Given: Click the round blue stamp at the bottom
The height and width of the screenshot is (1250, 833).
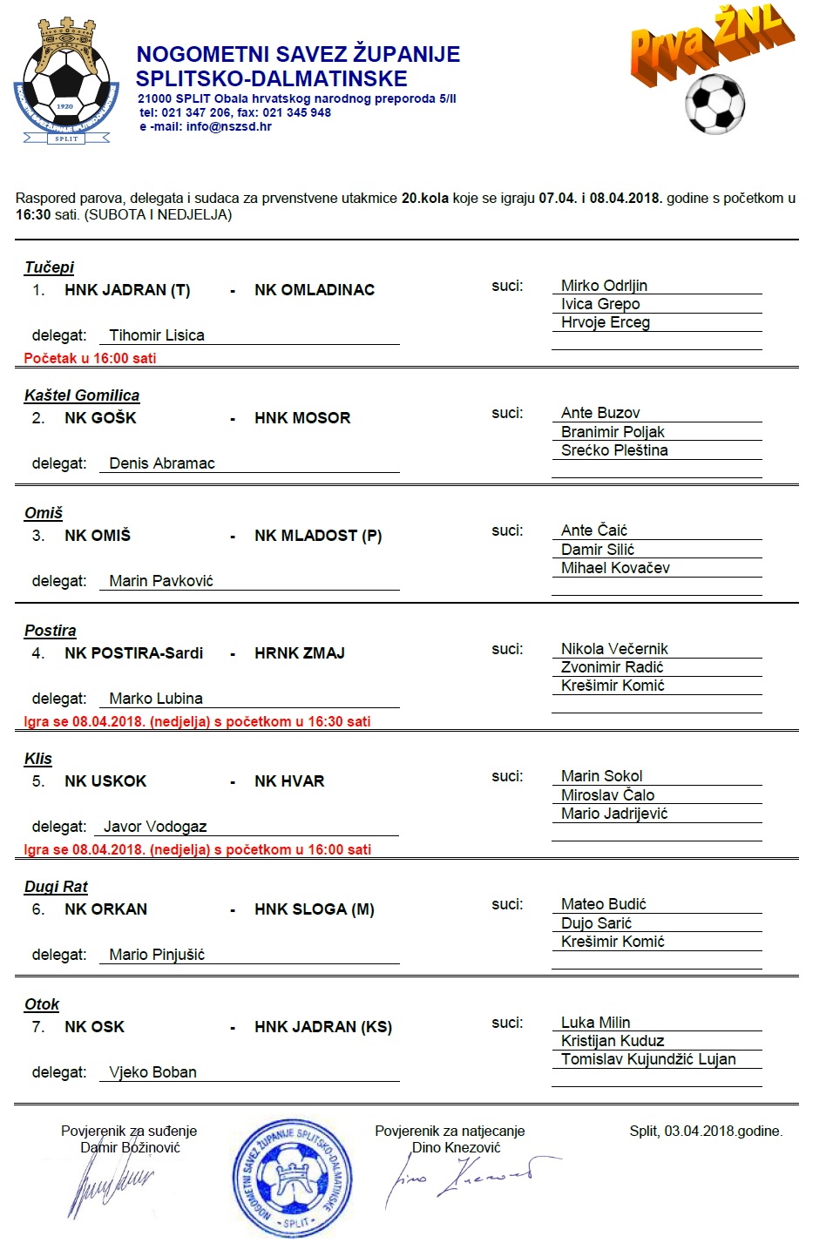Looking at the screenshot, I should pyautogui.click(x=293, y=1178).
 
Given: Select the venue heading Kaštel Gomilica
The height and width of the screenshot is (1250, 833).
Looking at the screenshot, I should pyautogui.click(x=82, y=395).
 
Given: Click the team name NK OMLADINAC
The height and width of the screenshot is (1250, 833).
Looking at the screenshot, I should pyautogui.click(x=315, y=290).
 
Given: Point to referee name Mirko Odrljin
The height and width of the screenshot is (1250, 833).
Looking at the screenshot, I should pyautogui.click(x=604, y=286).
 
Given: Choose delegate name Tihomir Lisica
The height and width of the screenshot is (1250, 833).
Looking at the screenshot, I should pyautogui.click(x=157, y=335).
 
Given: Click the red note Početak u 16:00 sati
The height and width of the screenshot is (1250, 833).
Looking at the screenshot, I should pyautogui.click(x=90, y=358).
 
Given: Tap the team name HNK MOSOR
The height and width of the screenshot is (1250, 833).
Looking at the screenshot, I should pyautogui.click(x=302, y=418).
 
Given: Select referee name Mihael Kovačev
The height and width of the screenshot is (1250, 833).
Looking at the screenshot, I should pyautogui.click(x=615, y=568).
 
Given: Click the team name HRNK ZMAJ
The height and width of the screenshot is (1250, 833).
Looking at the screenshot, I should pyautogui.click(x=300, y=653).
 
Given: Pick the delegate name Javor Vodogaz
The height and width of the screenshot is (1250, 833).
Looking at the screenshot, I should pyautogui.click(x=155, y=827).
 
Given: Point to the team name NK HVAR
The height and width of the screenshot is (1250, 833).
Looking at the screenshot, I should pyautogui.click(x=289, y=781).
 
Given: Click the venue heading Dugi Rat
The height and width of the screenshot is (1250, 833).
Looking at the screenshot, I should pyautogui.click(x=56, y=887).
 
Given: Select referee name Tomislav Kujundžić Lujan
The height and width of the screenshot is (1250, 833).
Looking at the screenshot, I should pyautogui.click(x=648, y=1059).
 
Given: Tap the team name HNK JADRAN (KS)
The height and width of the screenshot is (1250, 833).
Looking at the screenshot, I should pyautogui.click(x=323, y=1027).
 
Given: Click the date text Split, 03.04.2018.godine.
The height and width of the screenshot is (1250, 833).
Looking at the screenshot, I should pyautogui.click(x=706, y=1131).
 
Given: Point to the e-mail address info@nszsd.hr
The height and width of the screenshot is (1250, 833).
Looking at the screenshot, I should pyautogui.click(x=228, y=126).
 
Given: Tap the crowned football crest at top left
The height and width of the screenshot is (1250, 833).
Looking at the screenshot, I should pyautogui.click(x=66, y=83).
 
